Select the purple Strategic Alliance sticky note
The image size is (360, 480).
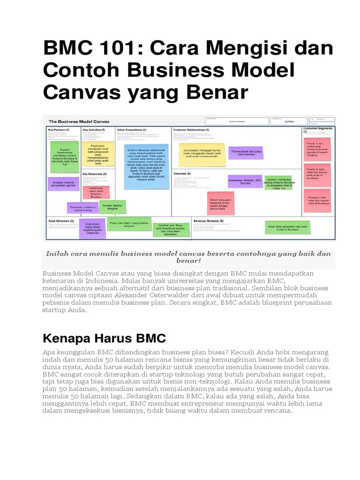click(63, 184)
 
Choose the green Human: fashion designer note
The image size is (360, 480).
click(112, 206)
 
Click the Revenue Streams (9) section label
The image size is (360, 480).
click(209, 220)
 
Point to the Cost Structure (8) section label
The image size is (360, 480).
click(61, 220)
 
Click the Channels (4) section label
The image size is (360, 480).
click(182, 173)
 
